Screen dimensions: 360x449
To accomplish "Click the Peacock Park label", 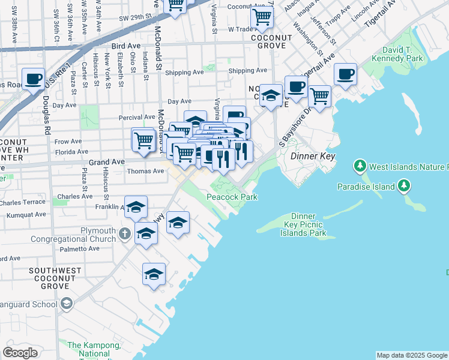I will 232,197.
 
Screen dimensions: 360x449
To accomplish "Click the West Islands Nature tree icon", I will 360,164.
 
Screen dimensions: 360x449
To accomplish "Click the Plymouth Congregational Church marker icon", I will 124,233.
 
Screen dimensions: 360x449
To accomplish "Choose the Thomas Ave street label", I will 145,171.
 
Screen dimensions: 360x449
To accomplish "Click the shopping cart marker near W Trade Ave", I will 261,17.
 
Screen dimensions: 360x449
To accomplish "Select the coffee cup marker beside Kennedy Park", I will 345,74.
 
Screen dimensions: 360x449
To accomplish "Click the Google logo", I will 20,353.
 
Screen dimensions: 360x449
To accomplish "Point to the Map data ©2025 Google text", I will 411,355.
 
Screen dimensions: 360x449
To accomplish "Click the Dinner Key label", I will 312,156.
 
